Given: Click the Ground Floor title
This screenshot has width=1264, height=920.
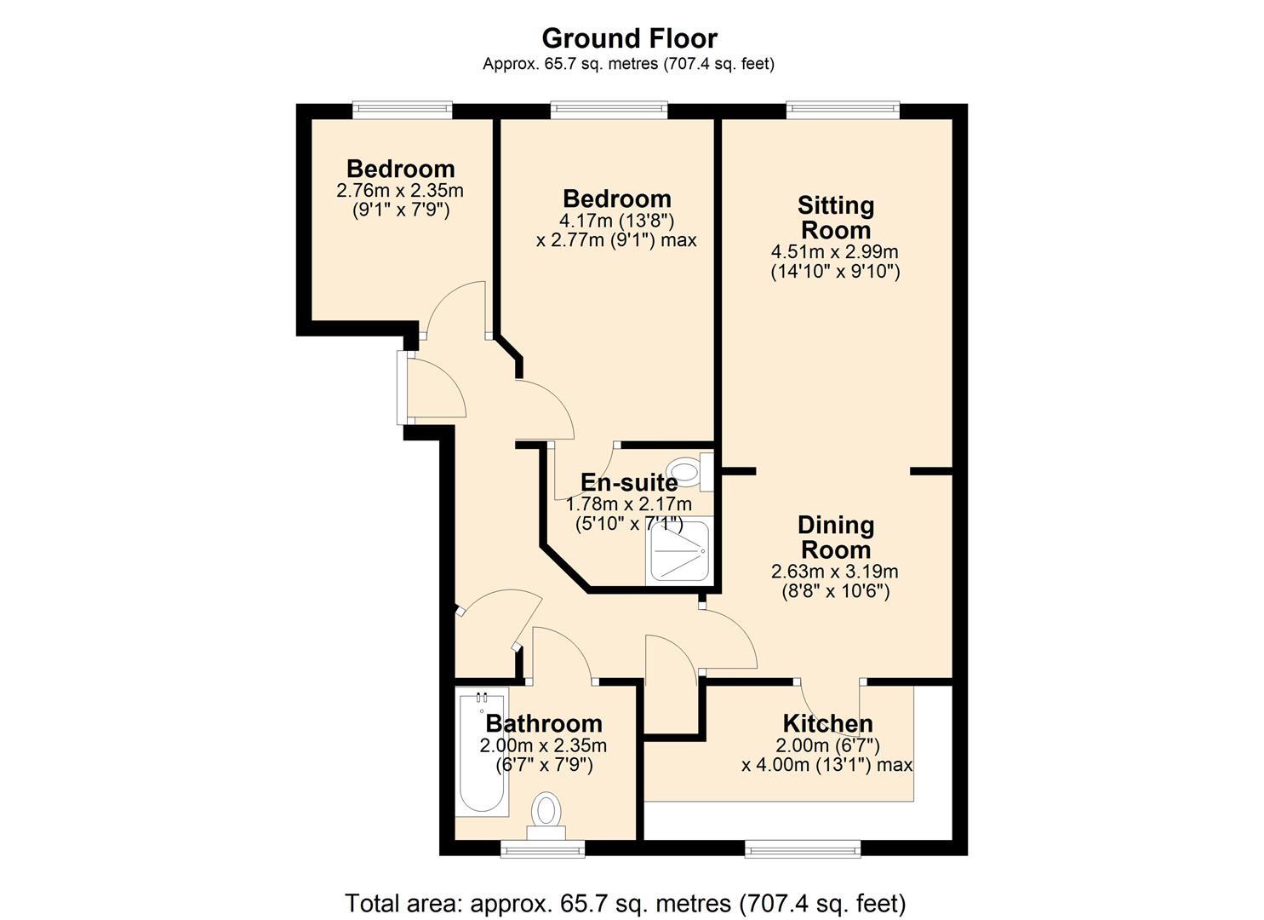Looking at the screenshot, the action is point(629,39).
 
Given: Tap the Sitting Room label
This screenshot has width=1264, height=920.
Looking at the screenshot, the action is point(836,217).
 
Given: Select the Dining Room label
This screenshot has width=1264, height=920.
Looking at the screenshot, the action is point(836,537).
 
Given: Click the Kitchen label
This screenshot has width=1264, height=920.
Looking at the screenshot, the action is point(828,723).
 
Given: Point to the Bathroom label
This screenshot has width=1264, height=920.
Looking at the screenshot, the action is point(544,723).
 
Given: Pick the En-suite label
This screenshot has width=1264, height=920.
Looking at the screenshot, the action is point(629,482).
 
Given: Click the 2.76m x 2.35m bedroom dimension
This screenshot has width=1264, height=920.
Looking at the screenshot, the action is point(400,190).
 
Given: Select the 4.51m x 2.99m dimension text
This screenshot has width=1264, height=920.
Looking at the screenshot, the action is point(835,252).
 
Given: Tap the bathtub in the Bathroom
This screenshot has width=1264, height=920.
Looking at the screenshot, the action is point(482,751).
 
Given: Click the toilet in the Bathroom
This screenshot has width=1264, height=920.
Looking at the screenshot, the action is point(546,815).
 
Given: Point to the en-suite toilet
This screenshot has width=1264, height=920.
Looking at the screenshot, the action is point(689,471).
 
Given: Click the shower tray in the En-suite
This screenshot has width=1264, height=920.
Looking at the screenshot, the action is point(679,550).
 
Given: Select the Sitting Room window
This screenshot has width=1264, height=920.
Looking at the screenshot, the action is point(843,110).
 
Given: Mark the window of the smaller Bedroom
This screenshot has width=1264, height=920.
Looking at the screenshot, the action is point(403,110).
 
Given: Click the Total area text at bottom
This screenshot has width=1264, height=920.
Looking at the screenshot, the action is point(626,888).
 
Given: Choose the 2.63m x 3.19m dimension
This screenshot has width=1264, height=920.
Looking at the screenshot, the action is point(835,572).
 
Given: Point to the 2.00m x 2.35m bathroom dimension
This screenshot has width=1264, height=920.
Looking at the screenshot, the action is point(543,745).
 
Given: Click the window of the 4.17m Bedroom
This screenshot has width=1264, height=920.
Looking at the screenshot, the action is point(609,110).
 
